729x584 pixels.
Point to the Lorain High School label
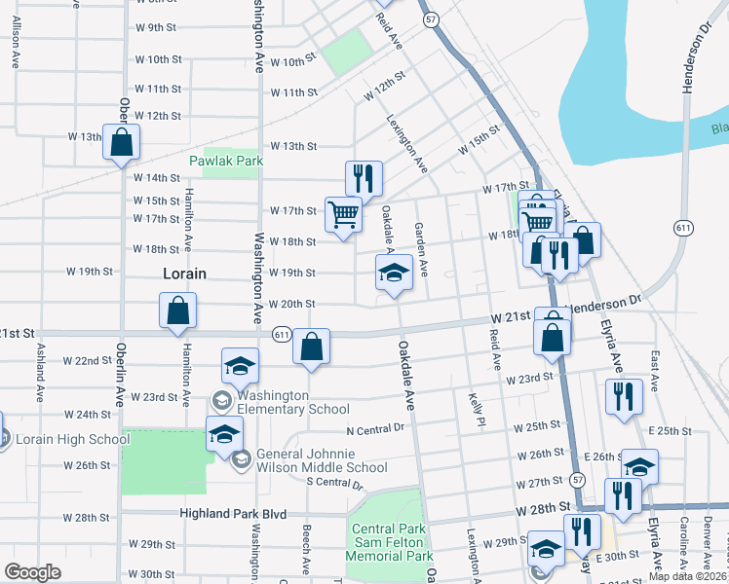(72, 439)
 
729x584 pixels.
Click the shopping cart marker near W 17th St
(343, 213)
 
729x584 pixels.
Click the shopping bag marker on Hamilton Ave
(178, 310)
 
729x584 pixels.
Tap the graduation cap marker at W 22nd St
(240, 366)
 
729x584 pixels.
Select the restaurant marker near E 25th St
(623, 396)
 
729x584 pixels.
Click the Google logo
(33, 572)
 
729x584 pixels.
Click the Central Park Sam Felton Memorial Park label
(391, 543)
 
